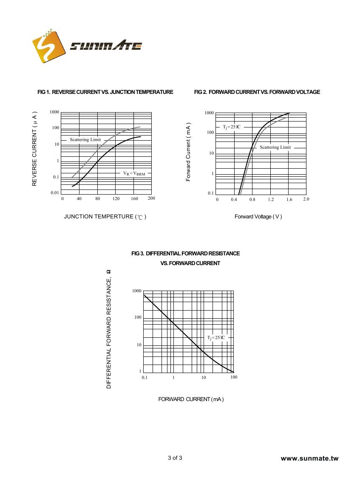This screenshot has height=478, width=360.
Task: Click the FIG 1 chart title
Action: [105, 92]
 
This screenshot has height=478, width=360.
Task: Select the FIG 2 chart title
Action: [257, 92]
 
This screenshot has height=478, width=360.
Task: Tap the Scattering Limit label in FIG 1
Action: [85, 140]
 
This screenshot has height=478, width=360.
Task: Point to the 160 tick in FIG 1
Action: [134, 198]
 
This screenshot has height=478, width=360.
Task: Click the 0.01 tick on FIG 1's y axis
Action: [55, 193]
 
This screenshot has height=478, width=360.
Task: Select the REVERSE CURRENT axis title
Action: [35, 149]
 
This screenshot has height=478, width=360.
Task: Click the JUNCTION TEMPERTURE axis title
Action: [105, 217]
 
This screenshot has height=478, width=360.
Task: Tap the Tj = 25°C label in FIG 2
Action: [232, 127]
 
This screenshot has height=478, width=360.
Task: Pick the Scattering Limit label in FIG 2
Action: [275, 147]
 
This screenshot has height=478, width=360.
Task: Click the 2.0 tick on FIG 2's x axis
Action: [306, 199]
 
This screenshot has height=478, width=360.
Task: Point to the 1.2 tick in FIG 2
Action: [271, 199]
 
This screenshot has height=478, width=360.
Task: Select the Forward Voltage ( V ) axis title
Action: [258, 217]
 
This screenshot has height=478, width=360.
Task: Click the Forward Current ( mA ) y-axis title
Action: [188, 152]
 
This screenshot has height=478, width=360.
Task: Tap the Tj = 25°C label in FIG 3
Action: [216, 337]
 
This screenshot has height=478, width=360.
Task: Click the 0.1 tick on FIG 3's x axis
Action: [145, 378]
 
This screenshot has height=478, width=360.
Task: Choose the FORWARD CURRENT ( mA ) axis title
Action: [191, 399]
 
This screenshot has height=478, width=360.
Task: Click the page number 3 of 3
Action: [175, 458]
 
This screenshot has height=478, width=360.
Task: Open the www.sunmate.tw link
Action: [310, 458]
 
